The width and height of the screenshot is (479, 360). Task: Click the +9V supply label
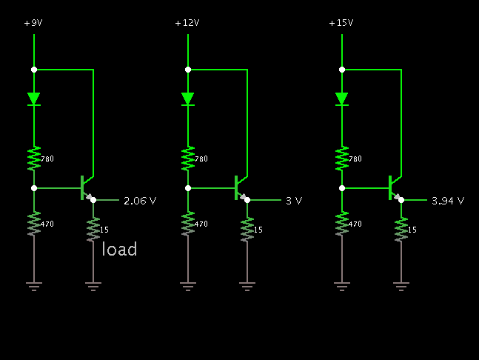coord(33,23)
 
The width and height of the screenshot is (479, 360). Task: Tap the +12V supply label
coord(187,23)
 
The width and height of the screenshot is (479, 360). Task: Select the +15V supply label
coord(341,23)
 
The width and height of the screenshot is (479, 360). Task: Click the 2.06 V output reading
coord(140,201)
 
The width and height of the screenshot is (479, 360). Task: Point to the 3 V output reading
coord(294,201)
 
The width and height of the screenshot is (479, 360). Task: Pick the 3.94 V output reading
coord(448,201)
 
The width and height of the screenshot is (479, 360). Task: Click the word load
coord(119,250)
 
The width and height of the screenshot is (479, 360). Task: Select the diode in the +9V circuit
coord(34,99)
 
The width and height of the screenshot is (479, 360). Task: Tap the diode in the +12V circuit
coord(188,99)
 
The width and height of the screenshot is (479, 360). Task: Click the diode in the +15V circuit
coord(341,99)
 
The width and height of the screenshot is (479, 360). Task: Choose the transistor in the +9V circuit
coord(84,188)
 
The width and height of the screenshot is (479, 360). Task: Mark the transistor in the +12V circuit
coord(238,188)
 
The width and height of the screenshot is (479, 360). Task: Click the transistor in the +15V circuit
coord(392,188)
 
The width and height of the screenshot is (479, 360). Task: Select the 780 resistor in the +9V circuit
coord(34,158)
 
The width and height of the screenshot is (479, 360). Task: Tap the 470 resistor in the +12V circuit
coord(188,224)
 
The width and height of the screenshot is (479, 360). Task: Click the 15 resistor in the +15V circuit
coord(401,230)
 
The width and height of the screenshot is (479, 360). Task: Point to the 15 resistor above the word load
coord(93,230)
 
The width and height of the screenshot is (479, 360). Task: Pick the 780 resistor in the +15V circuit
coord(341,158)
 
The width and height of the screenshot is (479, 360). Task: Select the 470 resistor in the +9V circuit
coord(34,224)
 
